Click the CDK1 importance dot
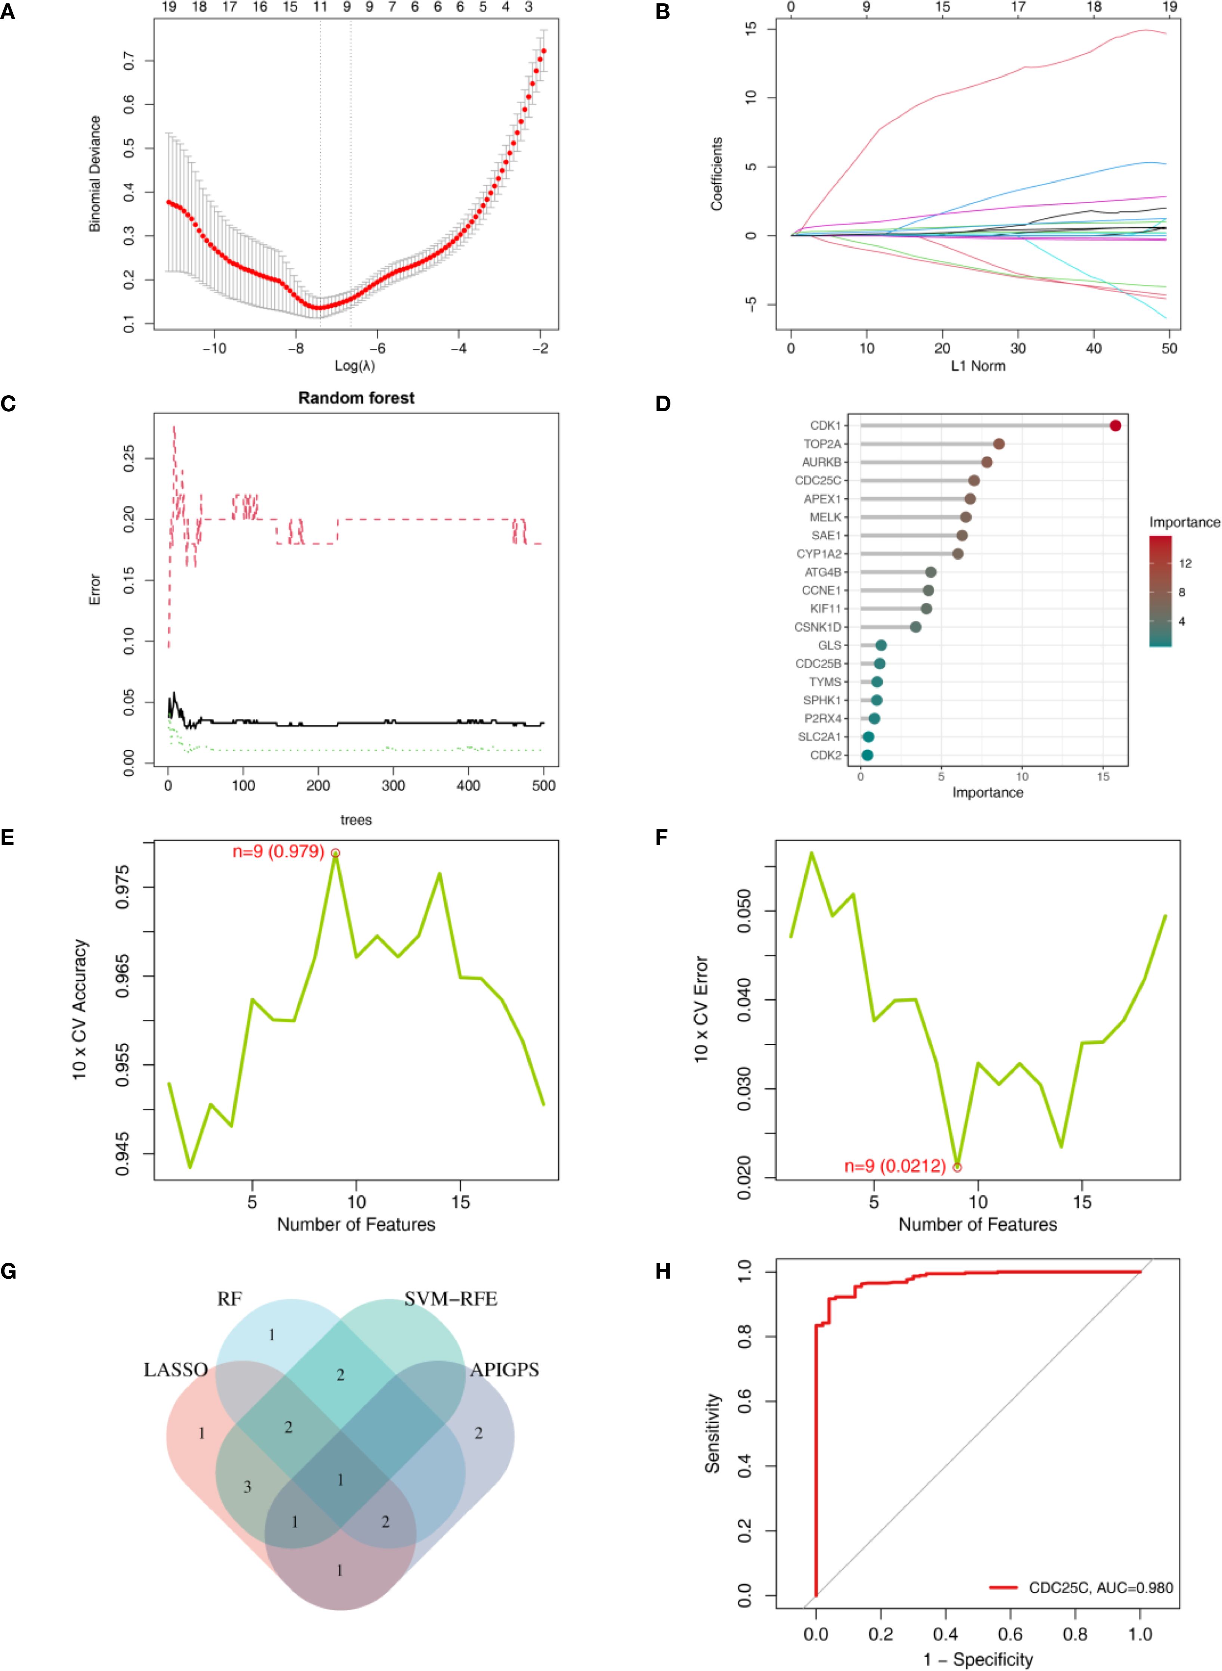(x=1115, y=425)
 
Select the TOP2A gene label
(x=822, y=444)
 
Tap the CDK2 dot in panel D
(x=867, y=755)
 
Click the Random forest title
(x=356, y=398)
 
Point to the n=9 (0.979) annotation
(x=278, y=852)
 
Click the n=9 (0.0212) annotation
(x=895, y=1166)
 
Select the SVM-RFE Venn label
(x=450, y=1299)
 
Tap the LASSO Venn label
(x=175, y=1370)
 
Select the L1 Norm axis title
(x=978, y=365)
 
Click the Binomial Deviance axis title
(x=95, y=174)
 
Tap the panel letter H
(x=663, y=1271)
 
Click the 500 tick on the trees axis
(x=544, y=785)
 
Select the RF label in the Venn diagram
(x=229, y=1299)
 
